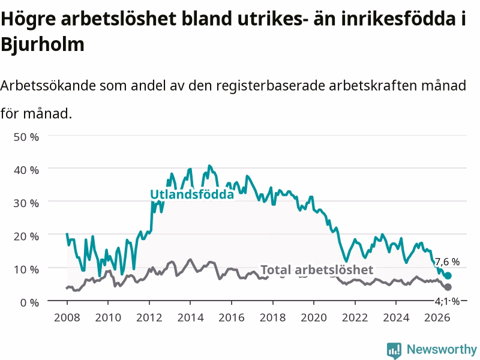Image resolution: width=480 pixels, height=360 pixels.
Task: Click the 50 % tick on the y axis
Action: click(x=26, y=137)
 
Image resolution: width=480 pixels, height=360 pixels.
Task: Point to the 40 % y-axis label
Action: click(x=26, y=170)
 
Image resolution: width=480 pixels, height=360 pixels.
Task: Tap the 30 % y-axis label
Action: click(x=26, y=203)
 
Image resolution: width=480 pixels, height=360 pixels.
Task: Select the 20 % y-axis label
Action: click(x=26, y=236)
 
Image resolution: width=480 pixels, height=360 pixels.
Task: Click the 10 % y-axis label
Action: click(x=26, y=269)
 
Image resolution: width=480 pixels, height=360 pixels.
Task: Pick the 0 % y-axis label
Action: click(x=29, y=302)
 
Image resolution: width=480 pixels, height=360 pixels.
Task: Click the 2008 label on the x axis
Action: click(x=67, y=317)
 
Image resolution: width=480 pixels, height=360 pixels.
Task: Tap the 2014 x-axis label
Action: click(x=190, y=317)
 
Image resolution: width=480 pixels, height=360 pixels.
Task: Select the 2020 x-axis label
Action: click(x=314, y=317)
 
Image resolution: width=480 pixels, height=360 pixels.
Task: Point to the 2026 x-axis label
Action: click(x=437, y=317)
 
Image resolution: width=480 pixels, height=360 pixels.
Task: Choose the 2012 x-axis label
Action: click(x=149, y=317)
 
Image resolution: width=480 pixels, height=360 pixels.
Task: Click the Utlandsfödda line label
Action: click(x=192, y=194)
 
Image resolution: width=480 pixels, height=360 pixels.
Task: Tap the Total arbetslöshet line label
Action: click(x=317, y=269)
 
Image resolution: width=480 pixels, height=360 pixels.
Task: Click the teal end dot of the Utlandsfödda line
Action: click(x=448, y=275)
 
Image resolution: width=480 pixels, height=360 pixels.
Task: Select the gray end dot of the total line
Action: click(x=448, y=287)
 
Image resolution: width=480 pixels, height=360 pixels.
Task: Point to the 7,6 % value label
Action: click(x=447, y=262)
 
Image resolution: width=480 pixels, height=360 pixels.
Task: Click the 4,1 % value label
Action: click(x=447, y=302)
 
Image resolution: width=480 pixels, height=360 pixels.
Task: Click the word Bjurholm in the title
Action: click(x=43, y=44)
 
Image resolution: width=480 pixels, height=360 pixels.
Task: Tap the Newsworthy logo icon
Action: click(x=394, y=350)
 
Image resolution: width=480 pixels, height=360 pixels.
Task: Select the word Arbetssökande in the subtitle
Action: click(x=48, y=85)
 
